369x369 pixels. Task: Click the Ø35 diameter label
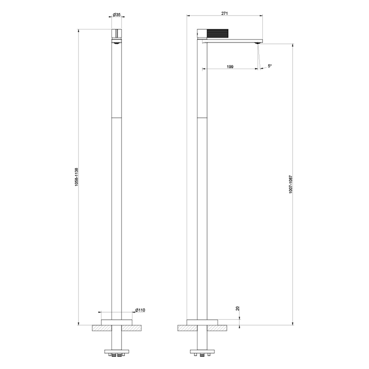click(x=116, y=14)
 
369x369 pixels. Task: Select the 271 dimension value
click(x=224, y=14)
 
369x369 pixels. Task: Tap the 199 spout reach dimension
click(x=230, y=66)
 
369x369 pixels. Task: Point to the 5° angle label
click(x=270, y=66)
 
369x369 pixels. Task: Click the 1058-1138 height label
click(x=76, y=177)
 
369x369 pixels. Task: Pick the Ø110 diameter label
click(x=139, y=310)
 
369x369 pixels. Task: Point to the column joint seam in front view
click(x=116, y=118)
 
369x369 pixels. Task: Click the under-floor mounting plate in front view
click(x=116, y=349)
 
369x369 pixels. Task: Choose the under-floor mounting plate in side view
click(x=202, y=349)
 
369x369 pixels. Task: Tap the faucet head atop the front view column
click(x=116, y=35)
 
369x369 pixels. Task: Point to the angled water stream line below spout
click(x=259, y=56)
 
